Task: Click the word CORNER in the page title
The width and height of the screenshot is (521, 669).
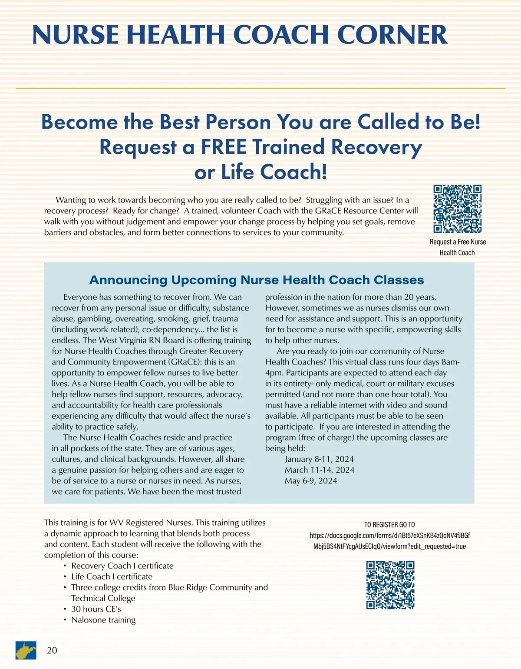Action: tap(392, 35)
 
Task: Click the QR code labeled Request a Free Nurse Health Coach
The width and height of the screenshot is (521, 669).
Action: tap(458, 209)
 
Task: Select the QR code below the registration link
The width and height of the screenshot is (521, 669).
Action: tap(390, 585)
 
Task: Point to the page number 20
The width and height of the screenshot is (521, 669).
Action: tap(52, 650)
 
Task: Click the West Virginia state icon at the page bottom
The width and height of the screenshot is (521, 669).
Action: tap(26, 650)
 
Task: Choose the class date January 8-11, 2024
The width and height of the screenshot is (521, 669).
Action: tap(319, 459)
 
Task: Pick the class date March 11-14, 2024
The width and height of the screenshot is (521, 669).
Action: tap(319, 470)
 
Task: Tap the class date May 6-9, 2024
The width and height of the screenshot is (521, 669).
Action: tap(311, 481)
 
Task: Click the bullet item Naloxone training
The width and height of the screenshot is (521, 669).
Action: tap(103, 620)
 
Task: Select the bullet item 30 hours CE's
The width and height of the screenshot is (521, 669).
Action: tap(96, 609)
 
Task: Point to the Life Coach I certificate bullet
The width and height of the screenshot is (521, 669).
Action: tap(112, 576)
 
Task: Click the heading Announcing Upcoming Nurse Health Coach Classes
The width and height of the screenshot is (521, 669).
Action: tap(257, 280)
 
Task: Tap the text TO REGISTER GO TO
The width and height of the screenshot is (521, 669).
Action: tap(389, 525)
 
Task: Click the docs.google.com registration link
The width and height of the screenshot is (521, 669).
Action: tap(389, 541)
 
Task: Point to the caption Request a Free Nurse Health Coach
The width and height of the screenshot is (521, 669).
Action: tap(458, 247)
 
